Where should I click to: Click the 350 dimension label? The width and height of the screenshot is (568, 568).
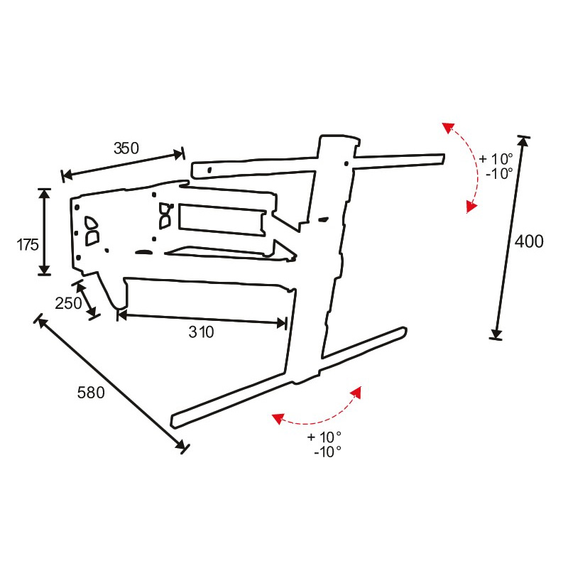[x=126, y=148]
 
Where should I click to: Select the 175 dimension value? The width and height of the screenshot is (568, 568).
[x=28, y=245]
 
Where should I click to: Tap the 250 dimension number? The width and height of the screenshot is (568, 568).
[x=68, y=303]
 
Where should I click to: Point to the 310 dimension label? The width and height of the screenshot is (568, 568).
[x=201, y=332]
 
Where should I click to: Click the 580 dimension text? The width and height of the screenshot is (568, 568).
[x=91, y=393]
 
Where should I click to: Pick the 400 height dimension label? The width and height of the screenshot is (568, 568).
[x=529, y=241]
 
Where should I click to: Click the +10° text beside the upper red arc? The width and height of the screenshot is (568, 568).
[x=496, y=158]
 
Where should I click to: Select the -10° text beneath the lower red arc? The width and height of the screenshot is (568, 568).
[x=327, y=452]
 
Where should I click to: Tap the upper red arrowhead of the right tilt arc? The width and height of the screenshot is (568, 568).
[x=448, y=128]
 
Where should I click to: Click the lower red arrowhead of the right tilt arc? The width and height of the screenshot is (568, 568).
[x=471, y=207]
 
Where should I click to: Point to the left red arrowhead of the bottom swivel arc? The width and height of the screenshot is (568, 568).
[x=278, y=418]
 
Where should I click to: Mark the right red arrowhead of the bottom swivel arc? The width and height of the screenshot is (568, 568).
[x=356, y=392]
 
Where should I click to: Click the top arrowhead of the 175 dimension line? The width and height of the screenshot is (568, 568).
[x=44, y=194]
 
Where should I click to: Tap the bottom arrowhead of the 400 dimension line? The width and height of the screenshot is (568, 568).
[x=496, y=333]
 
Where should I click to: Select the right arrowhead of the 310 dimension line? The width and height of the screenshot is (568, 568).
[x=281, y=323]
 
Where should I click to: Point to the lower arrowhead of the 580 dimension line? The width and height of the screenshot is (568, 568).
[x=180, y=444]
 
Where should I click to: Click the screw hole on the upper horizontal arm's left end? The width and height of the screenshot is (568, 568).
[x=209, y=169]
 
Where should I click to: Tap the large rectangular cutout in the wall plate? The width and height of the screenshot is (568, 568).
[x=222, y=220]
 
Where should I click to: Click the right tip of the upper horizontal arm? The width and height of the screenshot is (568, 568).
[x=443, y=158]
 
